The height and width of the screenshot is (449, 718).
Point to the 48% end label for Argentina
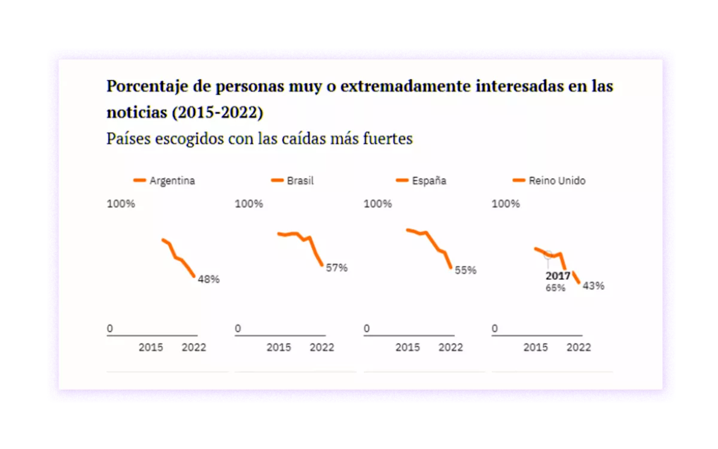[x=209, y=279]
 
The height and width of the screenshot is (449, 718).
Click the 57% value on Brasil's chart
[x=336, y=268]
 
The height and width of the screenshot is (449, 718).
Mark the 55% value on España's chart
[x=466, y=270]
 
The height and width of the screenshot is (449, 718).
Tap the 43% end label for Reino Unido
[x=593, y=286]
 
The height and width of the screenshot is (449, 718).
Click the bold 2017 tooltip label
[x=558, y=276]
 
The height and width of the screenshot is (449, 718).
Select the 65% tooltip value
[x=555, y=288]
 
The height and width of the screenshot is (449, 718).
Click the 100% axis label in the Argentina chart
[x=121, y=204]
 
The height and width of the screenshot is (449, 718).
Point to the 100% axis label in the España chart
[x=378, y=204]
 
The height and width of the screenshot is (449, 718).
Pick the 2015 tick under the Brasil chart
[x=279, y=347]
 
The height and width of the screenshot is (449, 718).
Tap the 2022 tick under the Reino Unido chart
[x=579, y=347]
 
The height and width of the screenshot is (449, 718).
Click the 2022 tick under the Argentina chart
[x=193, y=347]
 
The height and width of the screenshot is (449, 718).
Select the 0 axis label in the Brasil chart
[x=238, y=328]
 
